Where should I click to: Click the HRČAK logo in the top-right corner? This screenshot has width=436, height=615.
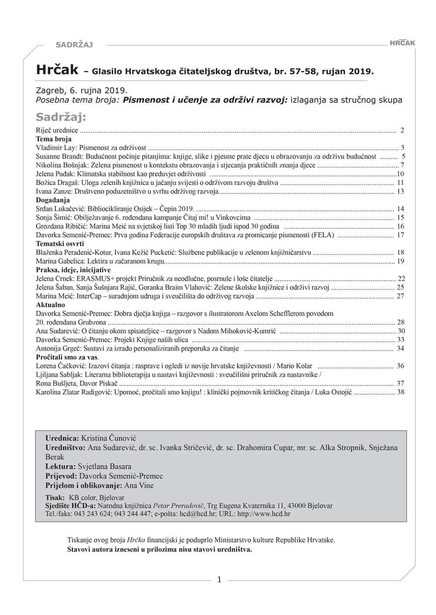coord(402,43)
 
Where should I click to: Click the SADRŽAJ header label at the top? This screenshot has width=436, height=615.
coord(74,44)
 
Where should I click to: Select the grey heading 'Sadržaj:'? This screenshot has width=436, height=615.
coord(61,117)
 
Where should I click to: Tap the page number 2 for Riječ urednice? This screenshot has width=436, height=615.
coord(402,130)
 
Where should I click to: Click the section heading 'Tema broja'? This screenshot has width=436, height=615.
coord(54,139)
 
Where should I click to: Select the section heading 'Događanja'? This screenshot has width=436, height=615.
coord(53,200)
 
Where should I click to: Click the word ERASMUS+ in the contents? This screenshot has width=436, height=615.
coord(94,279)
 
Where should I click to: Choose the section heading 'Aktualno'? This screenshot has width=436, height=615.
coord(50,305)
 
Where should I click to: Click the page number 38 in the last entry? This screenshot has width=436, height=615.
coord(401,392)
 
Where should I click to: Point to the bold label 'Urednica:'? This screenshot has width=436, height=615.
coord(62,438)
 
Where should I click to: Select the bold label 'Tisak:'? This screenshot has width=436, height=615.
coord(55,498)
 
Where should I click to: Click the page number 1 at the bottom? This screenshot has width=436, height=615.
coord(219,580)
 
